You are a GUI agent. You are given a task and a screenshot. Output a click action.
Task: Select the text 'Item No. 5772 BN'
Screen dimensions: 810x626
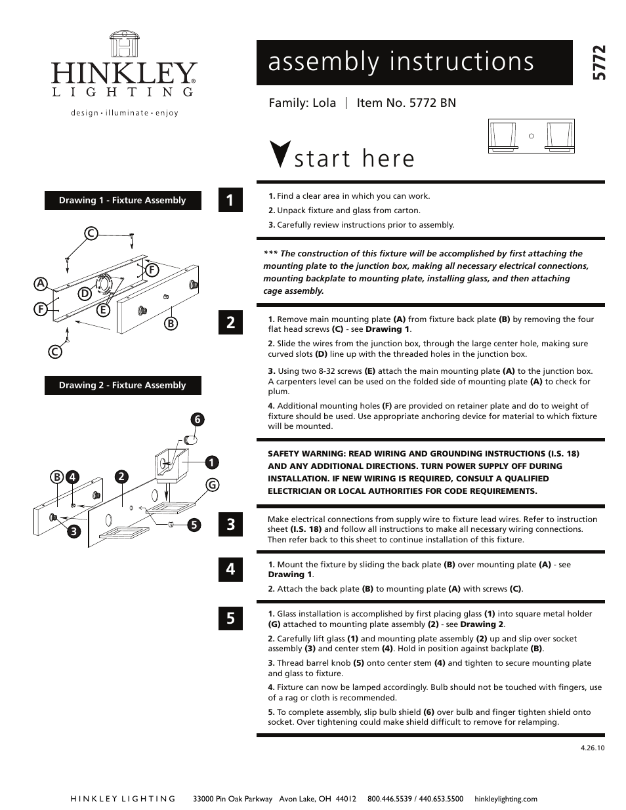406,103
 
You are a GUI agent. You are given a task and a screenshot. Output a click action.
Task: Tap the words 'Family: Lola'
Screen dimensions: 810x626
302,103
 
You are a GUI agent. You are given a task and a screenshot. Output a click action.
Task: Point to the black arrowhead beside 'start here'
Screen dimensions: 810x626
280,154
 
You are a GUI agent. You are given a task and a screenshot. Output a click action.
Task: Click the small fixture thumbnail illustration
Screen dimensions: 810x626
531,136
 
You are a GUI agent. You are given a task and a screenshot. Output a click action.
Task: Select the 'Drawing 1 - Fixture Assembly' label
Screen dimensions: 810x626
123,201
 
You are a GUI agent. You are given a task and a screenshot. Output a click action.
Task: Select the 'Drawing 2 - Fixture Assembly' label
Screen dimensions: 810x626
123,386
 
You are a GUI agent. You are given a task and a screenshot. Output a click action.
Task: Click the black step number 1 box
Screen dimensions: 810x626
230,201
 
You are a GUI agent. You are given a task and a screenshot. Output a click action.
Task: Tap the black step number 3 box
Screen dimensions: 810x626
230,525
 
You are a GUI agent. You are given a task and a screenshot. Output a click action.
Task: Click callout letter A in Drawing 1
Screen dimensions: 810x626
41,283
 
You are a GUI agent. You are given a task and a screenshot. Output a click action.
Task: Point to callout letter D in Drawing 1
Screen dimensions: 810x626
85,294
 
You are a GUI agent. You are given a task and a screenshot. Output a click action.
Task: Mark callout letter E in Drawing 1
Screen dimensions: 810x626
102,310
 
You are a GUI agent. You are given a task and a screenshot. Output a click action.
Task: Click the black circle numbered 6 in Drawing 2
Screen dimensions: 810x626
196,419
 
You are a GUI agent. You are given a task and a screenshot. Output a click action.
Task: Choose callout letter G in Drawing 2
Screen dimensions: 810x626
212,485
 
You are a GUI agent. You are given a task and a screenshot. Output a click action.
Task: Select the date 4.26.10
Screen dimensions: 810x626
592,747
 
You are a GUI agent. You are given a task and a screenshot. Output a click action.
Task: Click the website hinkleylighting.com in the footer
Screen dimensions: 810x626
505,799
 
